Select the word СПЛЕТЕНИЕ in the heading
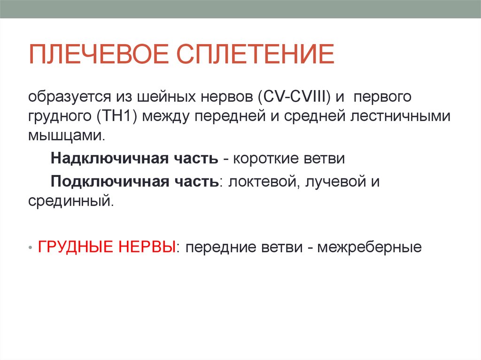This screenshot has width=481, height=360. (x=255, y=55)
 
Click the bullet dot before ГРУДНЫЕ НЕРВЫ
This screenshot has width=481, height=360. (x=31, y=247)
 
